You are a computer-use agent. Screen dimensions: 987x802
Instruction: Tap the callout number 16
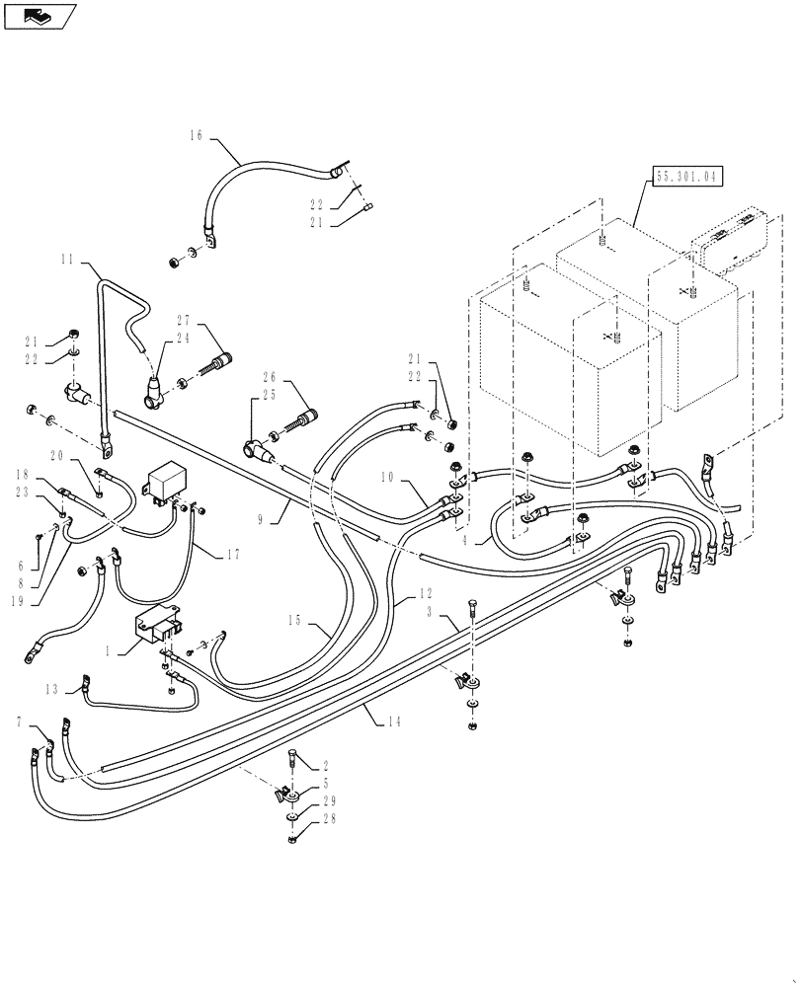coord(196,136)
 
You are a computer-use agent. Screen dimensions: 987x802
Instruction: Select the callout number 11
coord(68,260)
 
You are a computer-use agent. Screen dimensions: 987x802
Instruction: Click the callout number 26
coord(268,375)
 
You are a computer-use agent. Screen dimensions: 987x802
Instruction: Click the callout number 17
coord(232,555)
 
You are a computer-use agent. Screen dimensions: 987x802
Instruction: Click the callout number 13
coord(50,687)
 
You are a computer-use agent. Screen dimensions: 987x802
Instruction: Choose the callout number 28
coord(329,819)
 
